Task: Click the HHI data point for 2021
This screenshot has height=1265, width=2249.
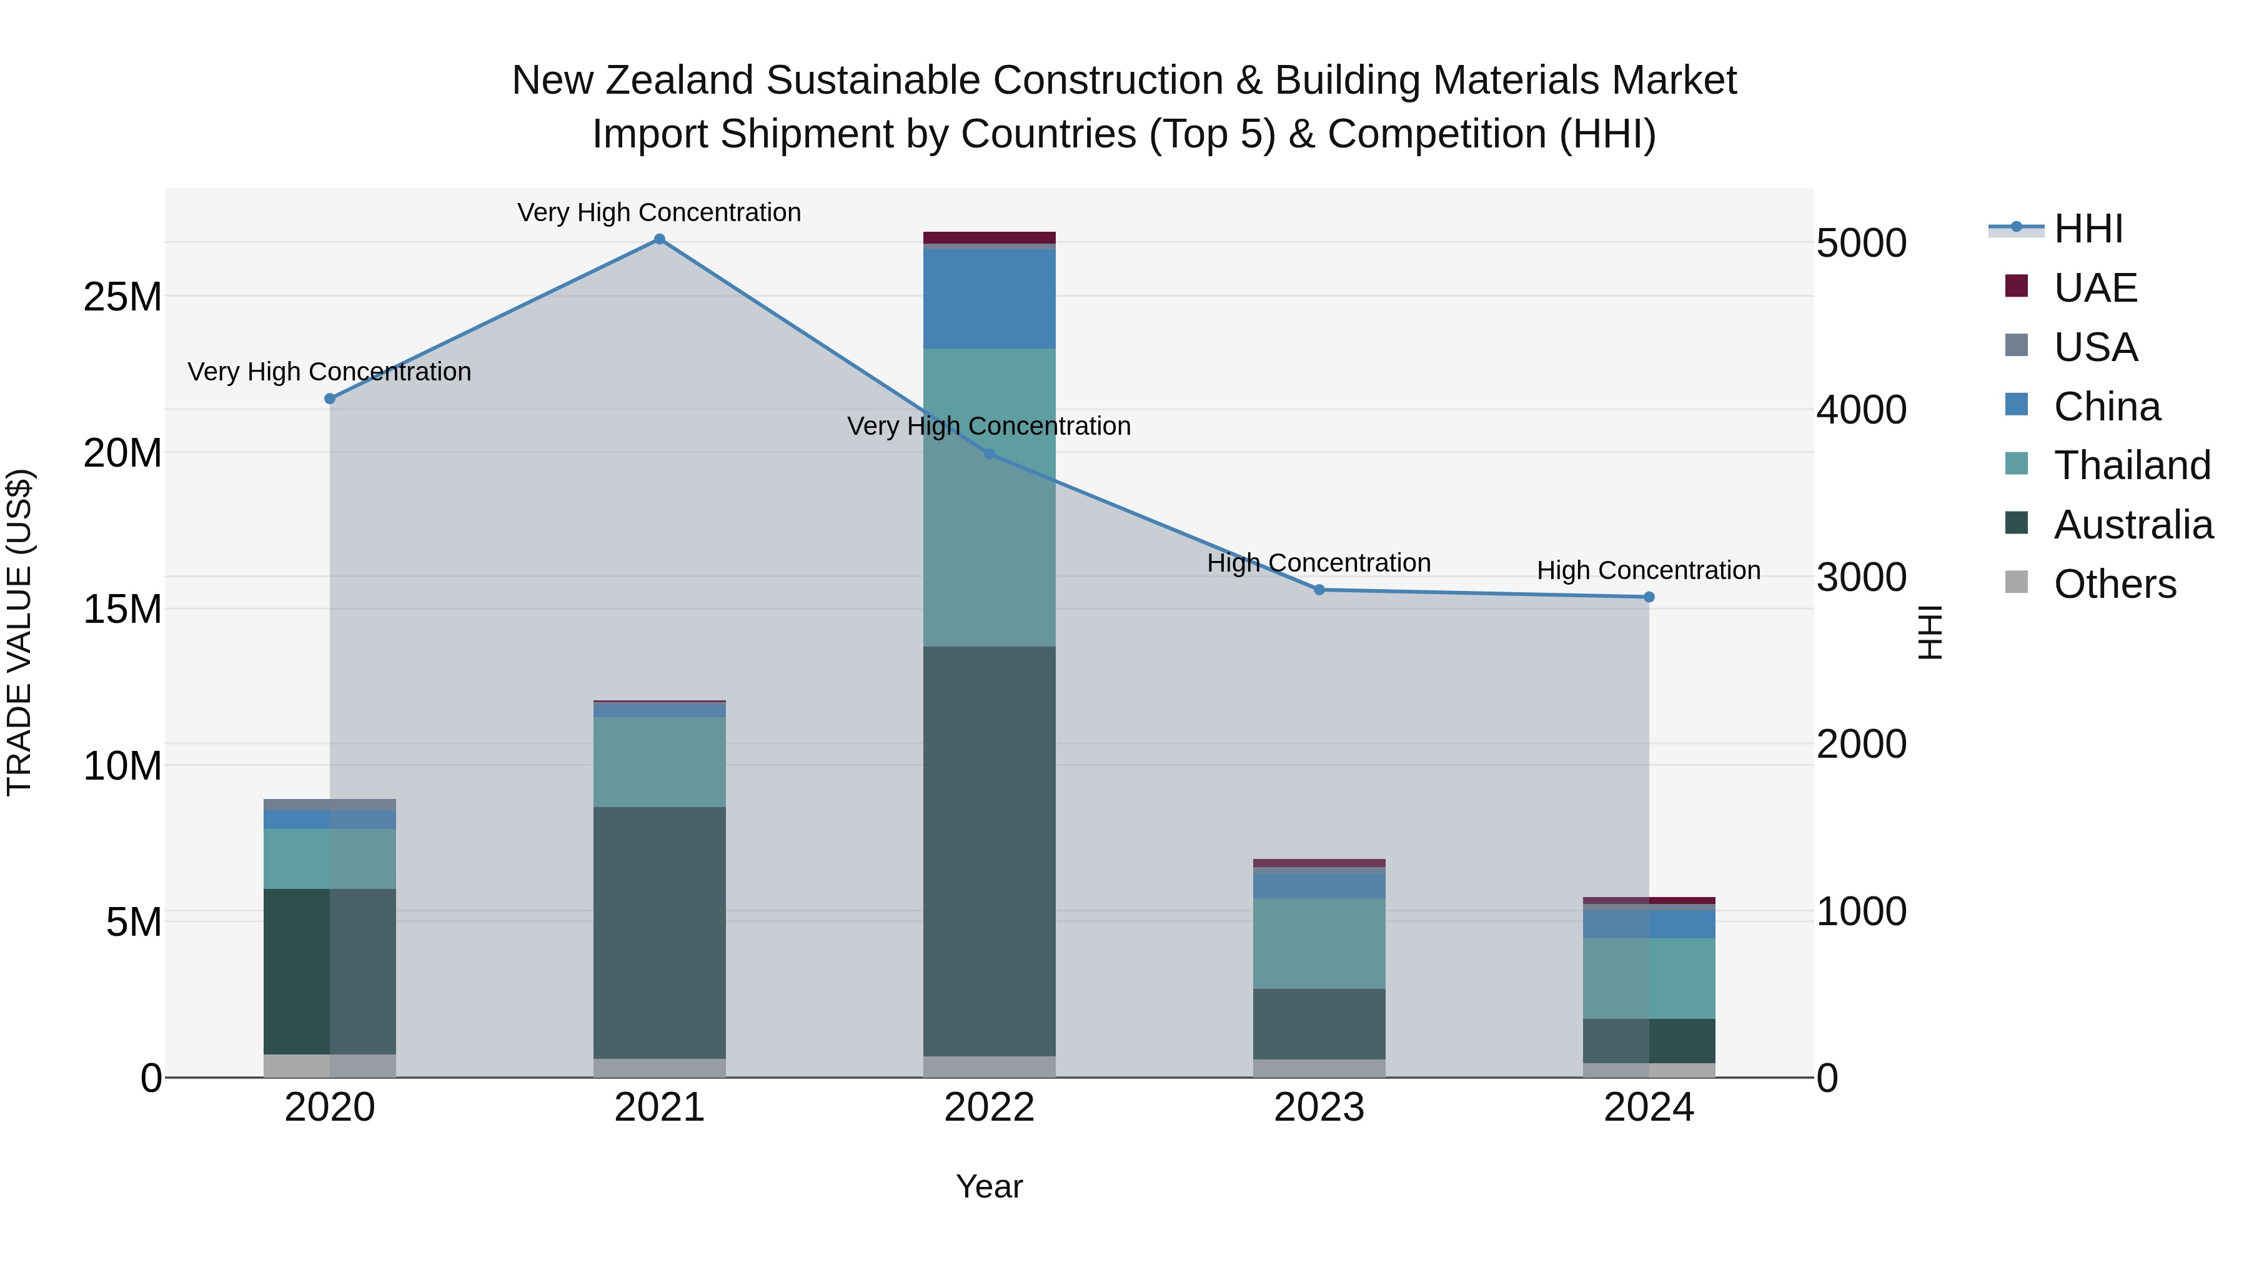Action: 659,239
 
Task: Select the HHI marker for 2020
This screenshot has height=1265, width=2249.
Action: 330,399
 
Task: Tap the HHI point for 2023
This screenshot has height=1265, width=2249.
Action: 1319,590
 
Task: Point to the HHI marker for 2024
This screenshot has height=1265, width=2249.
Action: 1649,597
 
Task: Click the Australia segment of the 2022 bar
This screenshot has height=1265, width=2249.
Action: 989,851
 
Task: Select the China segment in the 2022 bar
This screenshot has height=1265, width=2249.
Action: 989,299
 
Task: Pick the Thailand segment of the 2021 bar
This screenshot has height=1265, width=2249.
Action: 659,761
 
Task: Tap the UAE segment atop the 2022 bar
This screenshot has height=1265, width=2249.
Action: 989,237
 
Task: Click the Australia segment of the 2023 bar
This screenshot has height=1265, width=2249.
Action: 1319,1023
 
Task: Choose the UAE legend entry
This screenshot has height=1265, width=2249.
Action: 2095,288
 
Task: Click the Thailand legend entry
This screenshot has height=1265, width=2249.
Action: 2131,465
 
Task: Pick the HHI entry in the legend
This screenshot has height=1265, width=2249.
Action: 2087,229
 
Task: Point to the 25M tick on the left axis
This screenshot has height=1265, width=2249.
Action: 122,297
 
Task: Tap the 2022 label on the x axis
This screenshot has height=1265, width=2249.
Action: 989,1107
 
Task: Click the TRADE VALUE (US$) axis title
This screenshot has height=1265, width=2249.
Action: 19,632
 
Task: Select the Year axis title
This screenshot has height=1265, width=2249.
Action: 989,1186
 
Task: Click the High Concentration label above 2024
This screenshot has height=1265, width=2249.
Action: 1649,570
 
